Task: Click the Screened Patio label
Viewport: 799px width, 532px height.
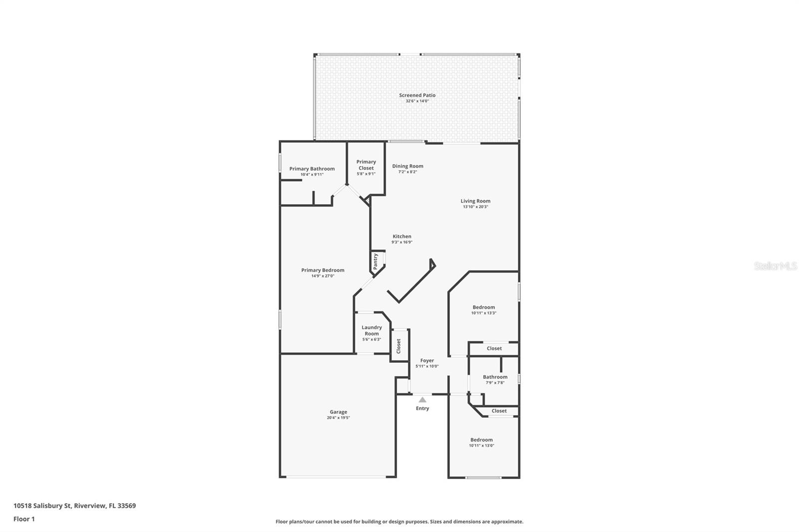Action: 417,95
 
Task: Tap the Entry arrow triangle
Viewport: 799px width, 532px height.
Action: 422,400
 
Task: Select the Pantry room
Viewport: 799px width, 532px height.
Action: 376,262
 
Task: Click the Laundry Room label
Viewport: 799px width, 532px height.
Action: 372,330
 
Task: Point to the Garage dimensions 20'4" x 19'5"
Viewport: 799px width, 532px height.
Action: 338,418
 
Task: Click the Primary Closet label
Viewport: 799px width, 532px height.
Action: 366,165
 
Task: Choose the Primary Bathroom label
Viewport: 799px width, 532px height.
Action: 312,169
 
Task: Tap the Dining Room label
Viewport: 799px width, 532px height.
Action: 407,166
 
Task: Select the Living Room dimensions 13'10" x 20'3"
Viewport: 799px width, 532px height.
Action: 475,207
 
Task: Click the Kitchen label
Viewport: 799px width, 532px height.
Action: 401,237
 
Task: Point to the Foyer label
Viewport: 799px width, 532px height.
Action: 427,360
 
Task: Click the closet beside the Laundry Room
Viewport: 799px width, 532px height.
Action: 399,345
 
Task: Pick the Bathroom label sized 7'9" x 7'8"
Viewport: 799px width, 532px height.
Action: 495,377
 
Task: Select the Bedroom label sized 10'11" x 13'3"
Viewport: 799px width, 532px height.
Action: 483,307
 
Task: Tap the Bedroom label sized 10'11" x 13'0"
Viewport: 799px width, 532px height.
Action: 481,440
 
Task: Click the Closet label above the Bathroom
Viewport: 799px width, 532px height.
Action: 494,348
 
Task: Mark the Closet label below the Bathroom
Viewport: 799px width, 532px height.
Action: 499,411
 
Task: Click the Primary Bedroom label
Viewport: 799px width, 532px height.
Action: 323,270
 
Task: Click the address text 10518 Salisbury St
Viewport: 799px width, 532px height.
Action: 42,506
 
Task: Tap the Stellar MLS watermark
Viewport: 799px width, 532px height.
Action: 775,266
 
